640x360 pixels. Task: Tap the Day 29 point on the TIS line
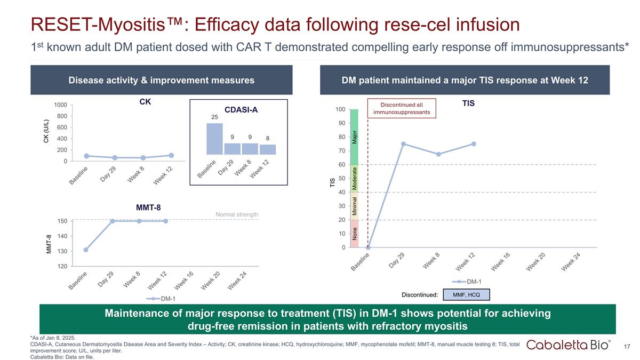click(x=403, y=144)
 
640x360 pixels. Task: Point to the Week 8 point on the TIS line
click(x=438, y=154)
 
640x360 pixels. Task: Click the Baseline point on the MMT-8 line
click(x=85, y=250)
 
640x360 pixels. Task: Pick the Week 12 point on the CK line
click(x=171, y=156)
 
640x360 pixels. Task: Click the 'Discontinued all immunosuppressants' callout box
click(x=402, y=108)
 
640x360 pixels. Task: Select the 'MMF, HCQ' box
click(x=467, y=294)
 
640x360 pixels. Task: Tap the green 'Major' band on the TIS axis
click(x=355, y=137)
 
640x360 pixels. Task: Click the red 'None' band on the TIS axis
click(x=355, y=234)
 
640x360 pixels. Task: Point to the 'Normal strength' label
click(x=236, y=214)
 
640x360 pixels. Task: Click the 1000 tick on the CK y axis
click(x=60, y=105)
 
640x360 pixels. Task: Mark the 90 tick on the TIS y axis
click(x=340, y=123)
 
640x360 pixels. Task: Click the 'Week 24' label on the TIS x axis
click(x=570, y=262)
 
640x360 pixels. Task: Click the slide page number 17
click(x=627, y=347)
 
